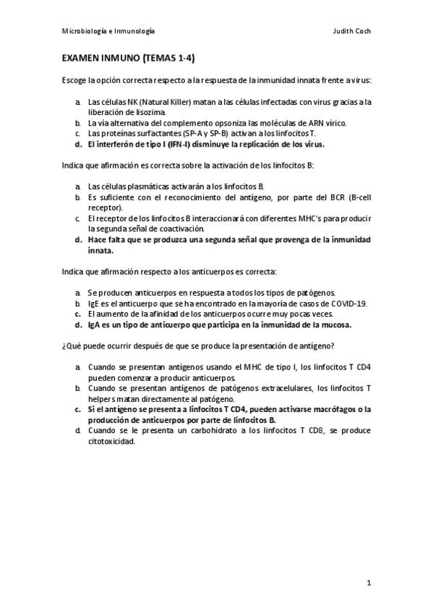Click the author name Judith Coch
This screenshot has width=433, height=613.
(352, 32)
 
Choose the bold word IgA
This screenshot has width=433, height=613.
(95, 325)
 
